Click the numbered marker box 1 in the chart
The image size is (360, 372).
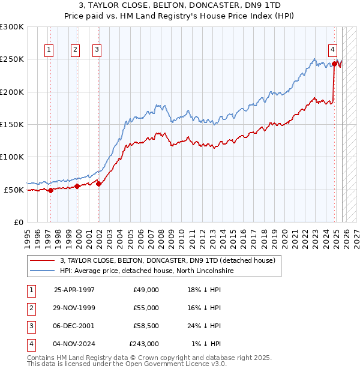(x=49, y=50)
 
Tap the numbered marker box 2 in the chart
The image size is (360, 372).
(x=75, y=50)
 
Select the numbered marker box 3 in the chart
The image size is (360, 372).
(x=97, y=50)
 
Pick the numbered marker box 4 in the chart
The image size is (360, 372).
(x=332, y=50)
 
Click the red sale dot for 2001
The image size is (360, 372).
(x=99, y=184)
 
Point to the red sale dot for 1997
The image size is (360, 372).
(x=50, y=190)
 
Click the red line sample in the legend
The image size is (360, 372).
(x=41, y=261)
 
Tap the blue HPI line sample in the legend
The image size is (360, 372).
(x=41, y=271)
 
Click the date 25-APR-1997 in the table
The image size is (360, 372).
(x=74, y=290)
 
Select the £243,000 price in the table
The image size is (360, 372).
(x=144, y=344)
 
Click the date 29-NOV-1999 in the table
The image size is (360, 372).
(x=74, y=308)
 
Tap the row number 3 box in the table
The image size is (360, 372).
(x=30, y=326)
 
